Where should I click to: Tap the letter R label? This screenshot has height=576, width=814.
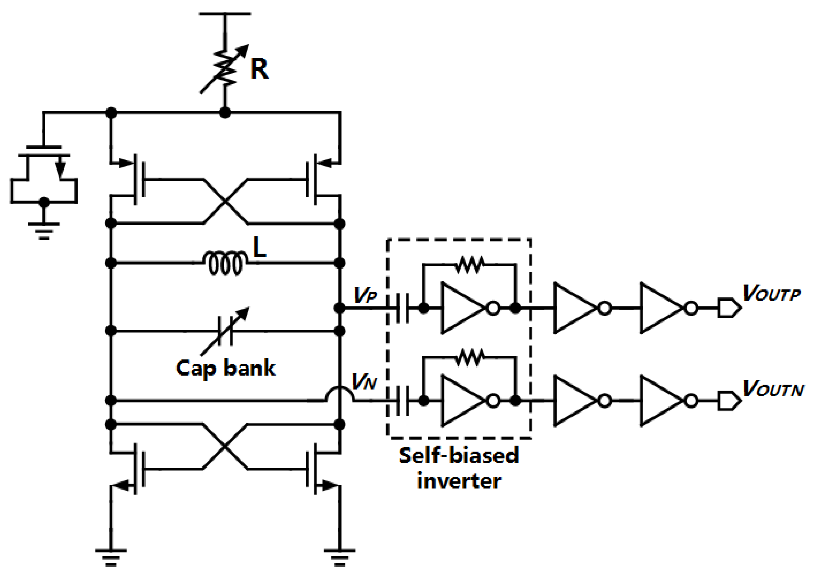click(x=259, y=69)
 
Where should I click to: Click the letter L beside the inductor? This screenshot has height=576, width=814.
click(x=259, y=247)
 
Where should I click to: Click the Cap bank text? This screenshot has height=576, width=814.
click(x=226, y=368)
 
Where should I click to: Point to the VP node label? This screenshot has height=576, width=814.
click(x=365, y=295)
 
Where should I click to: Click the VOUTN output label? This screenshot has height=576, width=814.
click(x=773, y=389)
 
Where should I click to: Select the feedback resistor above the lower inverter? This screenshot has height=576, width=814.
click(x=469, y=358)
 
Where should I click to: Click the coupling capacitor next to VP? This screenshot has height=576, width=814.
click(x=402, y=308)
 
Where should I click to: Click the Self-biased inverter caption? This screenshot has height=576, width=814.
click(x=459, y=468)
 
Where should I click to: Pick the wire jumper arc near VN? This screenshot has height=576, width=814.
click(x=339, y=394)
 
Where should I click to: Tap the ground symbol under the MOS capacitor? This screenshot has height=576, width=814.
click(x=44, y=230)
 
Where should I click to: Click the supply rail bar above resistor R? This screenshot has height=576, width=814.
click(x=225, y=14)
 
